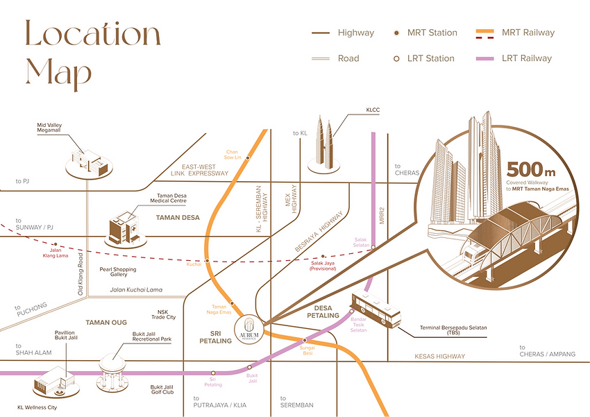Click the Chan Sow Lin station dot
pos(248,158)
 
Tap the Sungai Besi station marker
pos(304,339)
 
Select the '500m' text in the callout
pos(531,169)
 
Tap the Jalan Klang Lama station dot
pos(55,245)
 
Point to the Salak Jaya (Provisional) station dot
pos(324,256)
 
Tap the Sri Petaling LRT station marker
pos(213,373)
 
